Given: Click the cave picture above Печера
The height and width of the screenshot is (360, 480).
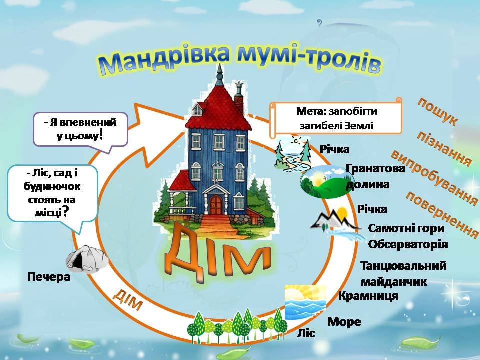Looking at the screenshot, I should (87, 259).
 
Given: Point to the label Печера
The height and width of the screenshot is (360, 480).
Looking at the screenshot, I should (49, 276).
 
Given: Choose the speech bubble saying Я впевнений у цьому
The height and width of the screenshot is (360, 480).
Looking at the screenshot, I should (80, 129).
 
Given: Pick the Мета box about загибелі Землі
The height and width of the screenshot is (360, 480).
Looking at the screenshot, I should (336, 118).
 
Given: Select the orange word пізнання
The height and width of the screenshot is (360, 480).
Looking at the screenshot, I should (444, 149).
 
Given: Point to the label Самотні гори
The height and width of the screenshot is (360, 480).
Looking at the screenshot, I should (406, 229).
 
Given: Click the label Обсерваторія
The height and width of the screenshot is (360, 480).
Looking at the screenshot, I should (407, 244).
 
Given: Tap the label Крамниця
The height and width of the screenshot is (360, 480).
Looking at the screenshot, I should (368, 296).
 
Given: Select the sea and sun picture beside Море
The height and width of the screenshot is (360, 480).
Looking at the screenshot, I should (305, 302).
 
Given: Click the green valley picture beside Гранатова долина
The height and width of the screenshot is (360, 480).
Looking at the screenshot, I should (323, 182).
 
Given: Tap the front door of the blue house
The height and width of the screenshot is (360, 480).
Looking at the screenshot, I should (215, 205).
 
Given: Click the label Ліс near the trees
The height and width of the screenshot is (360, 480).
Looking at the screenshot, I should (306, 333).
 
